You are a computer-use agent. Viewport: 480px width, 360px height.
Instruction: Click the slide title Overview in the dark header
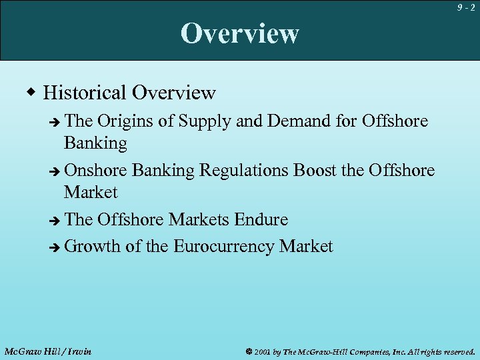coord(240,33)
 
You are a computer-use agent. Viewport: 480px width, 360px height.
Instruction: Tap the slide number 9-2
coord(467,8)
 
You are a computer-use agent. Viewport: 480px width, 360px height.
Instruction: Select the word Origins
coord(124,121)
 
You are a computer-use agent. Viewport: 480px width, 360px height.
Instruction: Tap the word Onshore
coord(96,171)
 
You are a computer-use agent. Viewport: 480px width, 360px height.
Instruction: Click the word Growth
coord(93,247)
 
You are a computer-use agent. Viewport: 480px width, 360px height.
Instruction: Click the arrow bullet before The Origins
coord(55,122)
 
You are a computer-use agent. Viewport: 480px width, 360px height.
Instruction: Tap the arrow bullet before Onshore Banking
coord(55,171)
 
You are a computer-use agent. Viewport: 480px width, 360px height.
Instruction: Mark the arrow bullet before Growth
coord(55,247)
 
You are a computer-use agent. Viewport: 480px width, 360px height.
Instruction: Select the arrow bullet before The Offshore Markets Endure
coord(55,220)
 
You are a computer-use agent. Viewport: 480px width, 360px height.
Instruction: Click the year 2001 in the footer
coord(263,351)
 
